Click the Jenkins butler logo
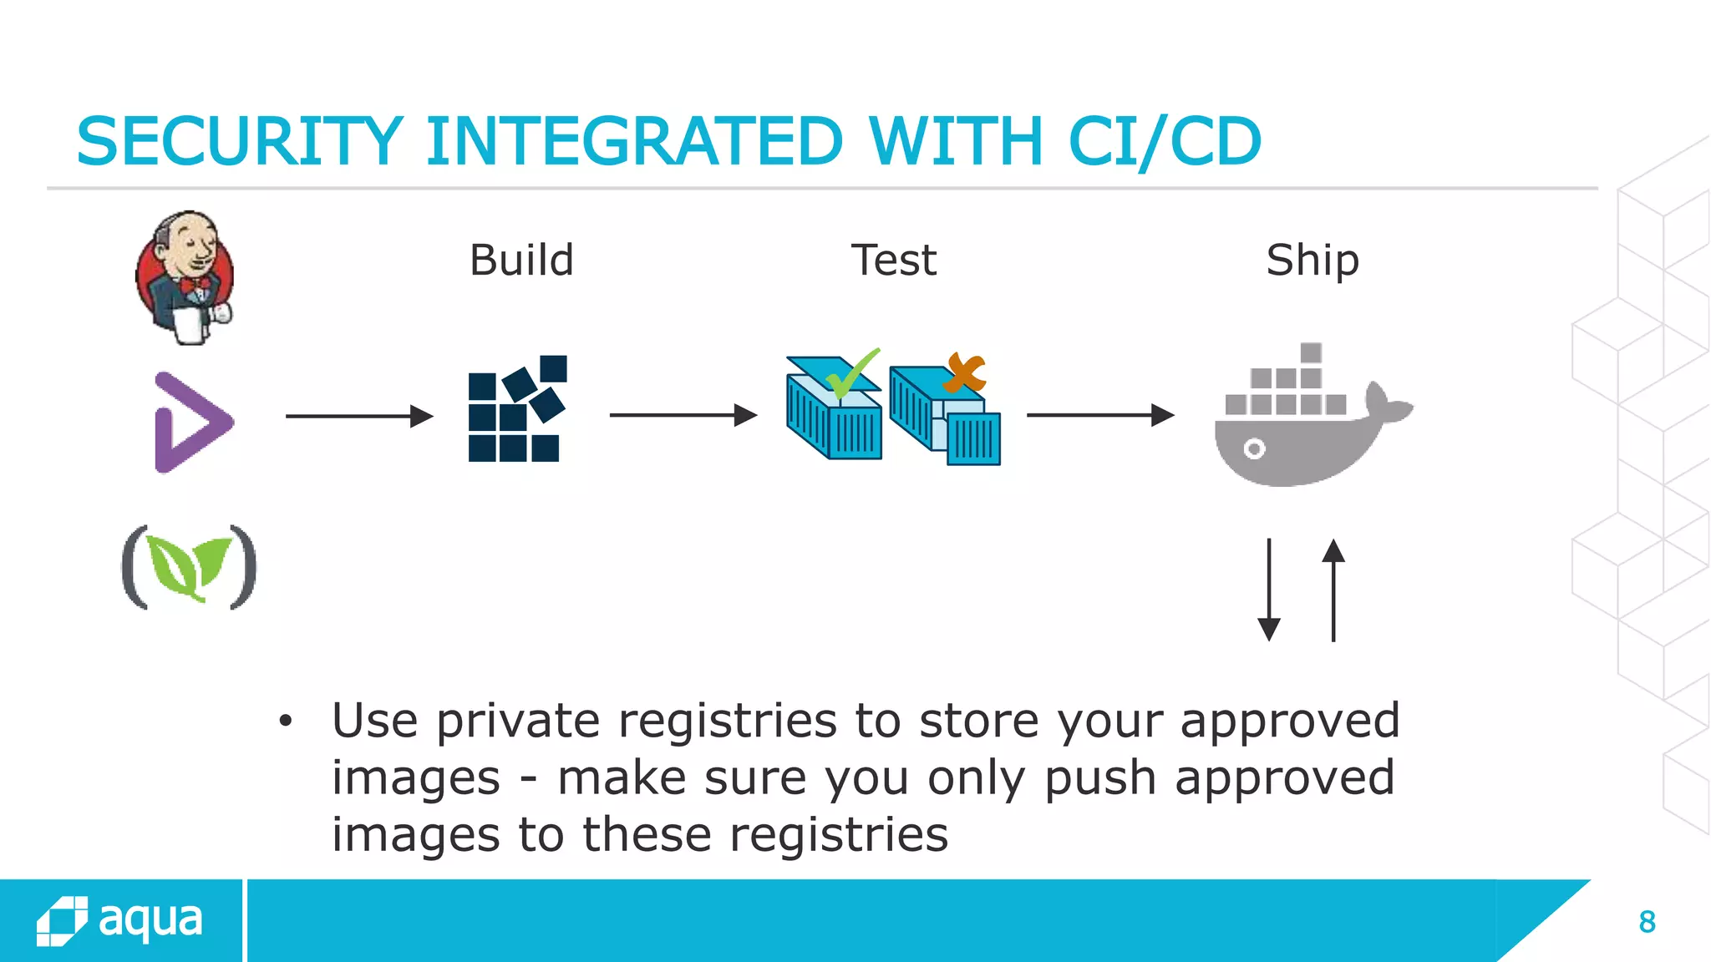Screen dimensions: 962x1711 coord(185,277)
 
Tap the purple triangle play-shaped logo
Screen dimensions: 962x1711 coord(191,423)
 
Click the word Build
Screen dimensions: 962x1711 coord(521,261)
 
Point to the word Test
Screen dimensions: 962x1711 coord(893,261)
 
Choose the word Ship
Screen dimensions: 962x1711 coord(1312,261)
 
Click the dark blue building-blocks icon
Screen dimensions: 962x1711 coord(516,409)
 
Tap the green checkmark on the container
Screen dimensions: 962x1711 coord(852,374)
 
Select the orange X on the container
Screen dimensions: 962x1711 coord(966,372)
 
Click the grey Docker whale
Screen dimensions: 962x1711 coord(1303,434)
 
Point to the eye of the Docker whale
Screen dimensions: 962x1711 coord(1254,449)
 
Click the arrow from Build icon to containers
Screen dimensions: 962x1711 coord(683,415)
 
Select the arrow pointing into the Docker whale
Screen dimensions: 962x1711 coord(1099,415)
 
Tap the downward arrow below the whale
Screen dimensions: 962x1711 coord(1269,590)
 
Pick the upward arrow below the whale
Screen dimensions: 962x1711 coord(1333,590)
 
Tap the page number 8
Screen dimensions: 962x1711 coord(1647,922)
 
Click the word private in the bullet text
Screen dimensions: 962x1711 coord(518,721)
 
